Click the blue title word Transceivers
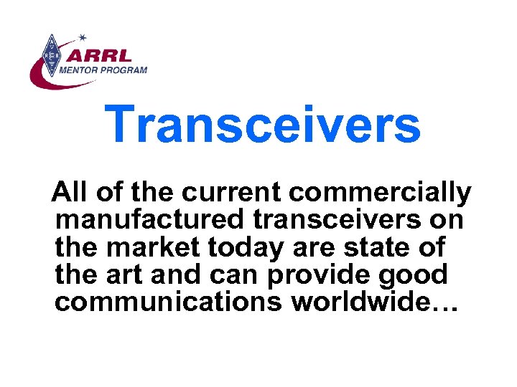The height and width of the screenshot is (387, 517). tap(262, 124)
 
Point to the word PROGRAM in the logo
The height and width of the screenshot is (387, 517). tap(129, 70)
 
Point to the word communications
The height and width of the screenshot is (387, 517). tap(168, 302)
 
